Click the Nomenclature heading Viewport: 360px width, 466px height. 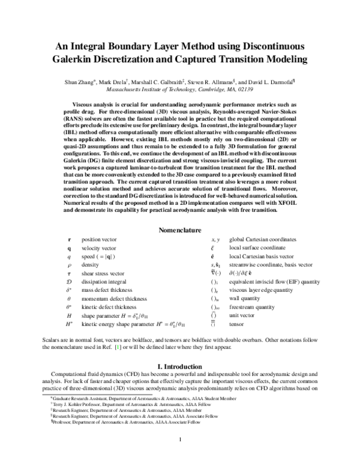click(x=180, y=230)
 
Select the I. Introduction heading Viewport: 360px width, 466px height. click(x=180, y=365)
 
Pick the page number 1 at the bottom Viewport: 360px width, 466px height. click(x=180, y=456)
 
